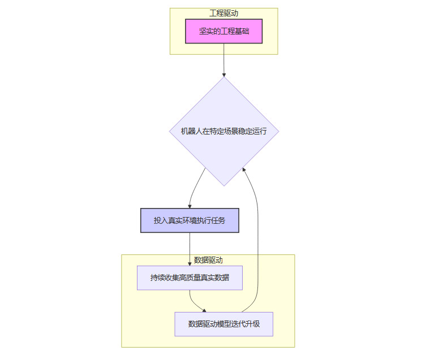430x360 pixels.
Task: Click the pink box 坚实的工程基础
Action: click(x=223, y=32)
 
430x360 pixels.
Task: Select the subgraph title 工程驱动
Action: click(x=223, y=13)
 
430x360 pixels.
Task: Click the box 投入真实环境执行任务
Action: click(x=190, y=220)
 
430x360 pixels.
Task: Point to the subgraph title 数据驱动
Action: click(x=208, y=260)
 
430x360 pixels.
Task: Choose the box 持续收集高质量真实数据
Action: click(x=190, y=278)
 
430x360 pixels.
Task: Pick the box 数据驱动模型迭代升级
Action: click(x=223, y=324)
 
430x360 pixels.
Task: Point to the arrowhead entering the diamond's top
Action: click(x=223, y=74)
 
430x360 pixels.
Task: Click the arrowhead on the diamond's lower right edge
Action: click(x=244, y=169)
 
